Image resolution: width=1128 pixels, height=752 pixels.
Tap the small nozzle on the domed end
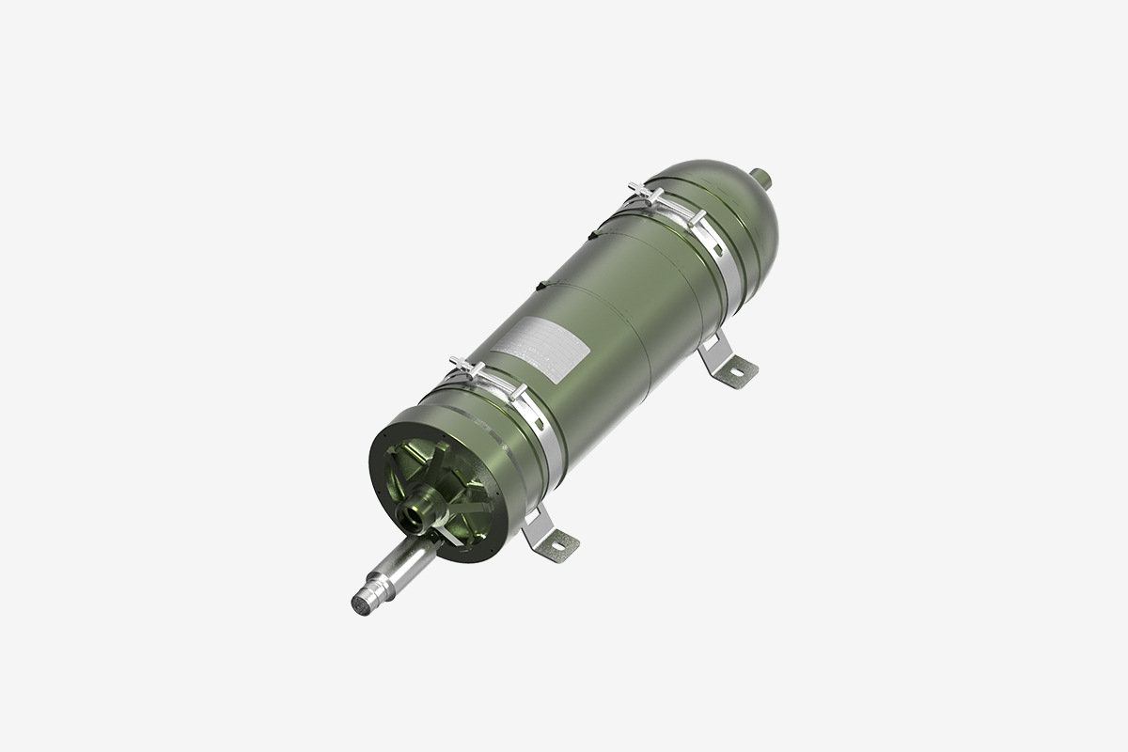pyautogui.click(x=766, y=176)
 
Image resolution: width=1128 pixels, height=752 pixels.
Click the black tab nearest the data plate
pyautogui.click(x=540, y=283)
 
